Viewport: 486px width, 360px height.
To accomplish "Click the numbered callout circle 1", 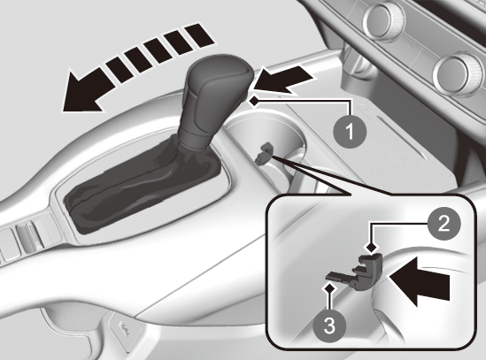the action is pos(350,131).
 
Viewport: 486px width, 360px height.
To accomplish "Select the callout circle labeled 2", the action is pos(444,224).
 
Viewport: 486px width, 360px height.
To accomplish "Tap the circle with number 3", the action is pos(329,326).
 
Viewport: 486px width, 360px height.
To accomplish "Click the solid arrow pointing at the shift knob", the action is pos(283,80).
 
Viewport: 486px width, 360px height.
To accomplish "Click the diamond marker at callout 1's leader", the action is pos(254,101).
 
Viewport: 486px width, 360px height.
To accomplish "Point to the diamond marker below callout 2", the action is pos(371,248).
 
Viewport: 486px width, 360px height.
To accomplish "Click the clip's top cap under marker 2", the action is pos(370,260).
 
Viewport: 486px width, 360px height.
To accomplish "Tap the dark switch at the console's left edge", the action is pos(27,238).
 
